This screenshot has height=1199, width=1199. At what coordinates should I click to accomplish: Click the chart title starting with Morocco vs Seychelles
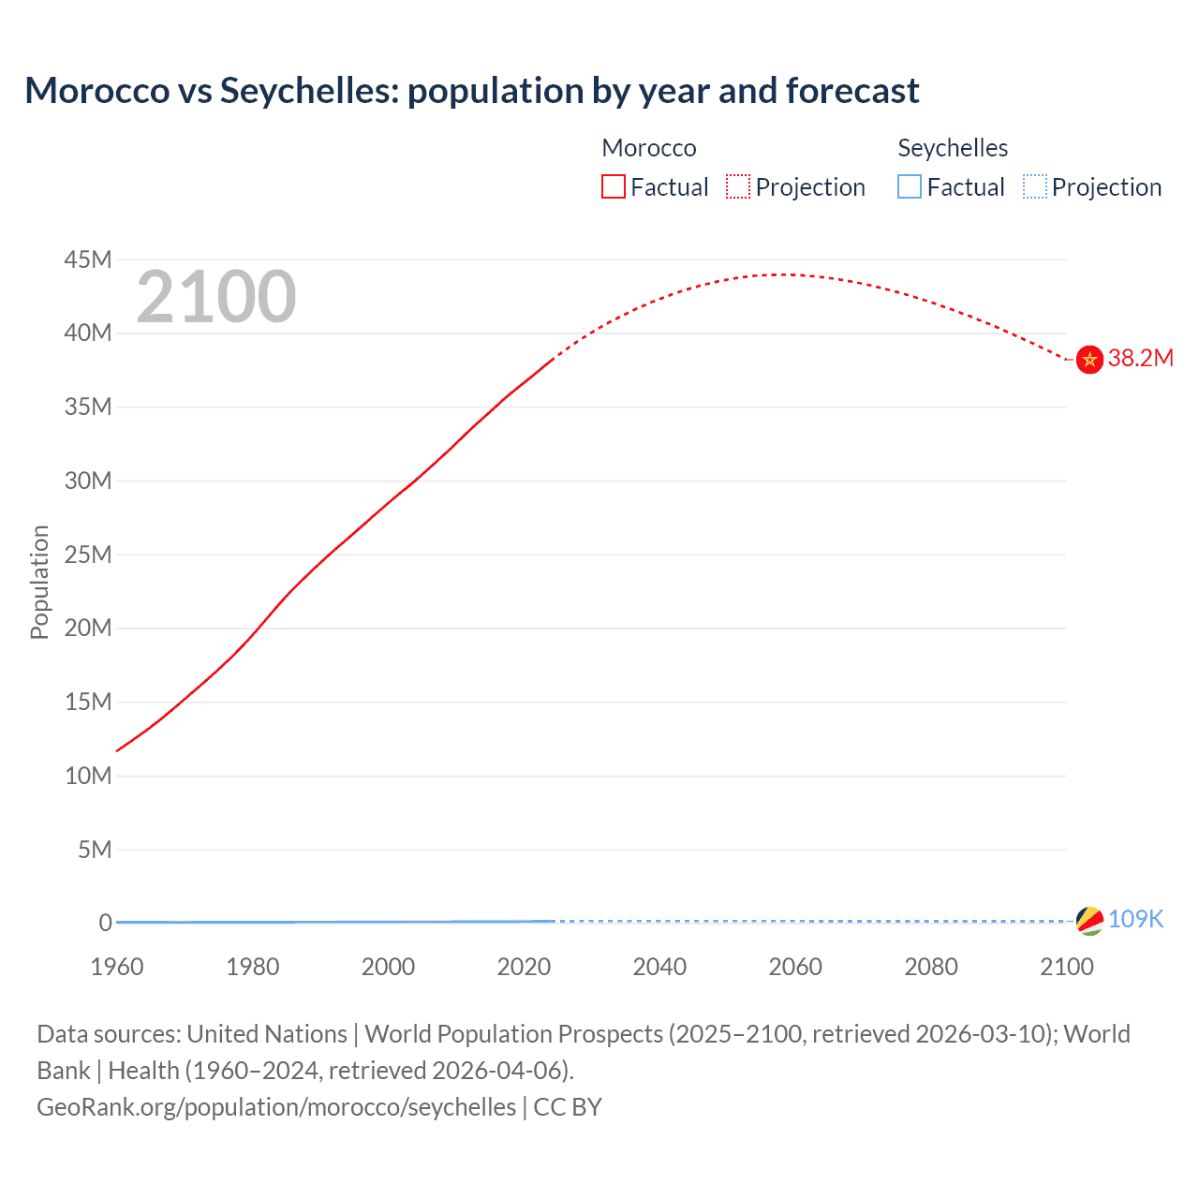(472, 91)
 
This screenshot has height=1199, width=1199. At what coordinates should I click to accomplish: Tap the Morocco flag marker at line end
(1089, 360)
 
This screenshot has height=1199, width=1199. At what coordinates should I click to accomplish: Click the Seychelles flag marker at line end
(1089, 921)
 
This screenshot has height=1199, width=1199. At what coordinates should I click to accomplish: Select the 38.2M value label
(1140, 359)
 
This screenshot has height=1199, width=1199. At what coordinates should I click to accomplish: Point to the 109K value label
(1135, 920)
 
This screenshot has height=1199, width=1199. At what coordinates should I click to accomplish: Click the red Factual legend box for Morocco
(614, 187)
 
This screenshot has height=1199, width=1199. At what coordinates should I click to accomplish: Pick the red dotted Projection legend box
(738, 187)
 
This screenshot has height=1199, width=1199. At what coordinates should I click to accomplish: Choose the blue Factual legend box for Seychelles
(910, 187)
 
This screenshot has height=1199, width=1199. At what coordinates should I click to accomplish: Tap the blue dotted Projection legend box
(1035, 187)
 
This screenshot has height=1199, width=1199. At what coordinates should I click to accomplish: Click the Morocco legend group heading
(649, 148)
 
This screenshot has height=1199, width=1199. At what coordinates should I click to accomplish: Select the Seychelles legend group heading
(953, 148)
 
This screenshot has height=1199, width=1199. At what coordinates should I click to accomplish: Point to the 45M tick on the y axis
(88, 259)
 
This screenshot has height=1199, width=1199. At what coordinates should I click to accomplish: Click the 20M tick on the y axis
(88, 629)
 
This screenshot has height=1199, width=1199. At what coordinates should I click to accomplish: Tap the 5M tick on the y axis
(95, 850)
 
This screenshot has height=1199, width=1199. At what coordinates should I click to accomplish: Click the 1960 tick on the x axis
(117, 967)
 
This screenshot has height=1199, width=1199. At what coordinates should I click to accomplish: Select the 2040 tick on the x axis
(659, 967)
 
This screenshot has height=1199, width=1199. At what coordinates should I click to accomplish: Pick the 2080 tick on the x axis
(931, 967)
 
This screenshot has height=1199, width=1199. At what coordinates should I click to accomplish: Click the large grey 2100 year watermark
(216, 298)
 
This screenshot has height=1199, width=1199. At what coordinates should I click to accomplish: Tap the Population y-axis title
(39, 582)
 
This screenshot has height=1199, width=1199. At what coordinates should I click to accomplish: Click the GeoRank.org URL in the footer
(276, 1107)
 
